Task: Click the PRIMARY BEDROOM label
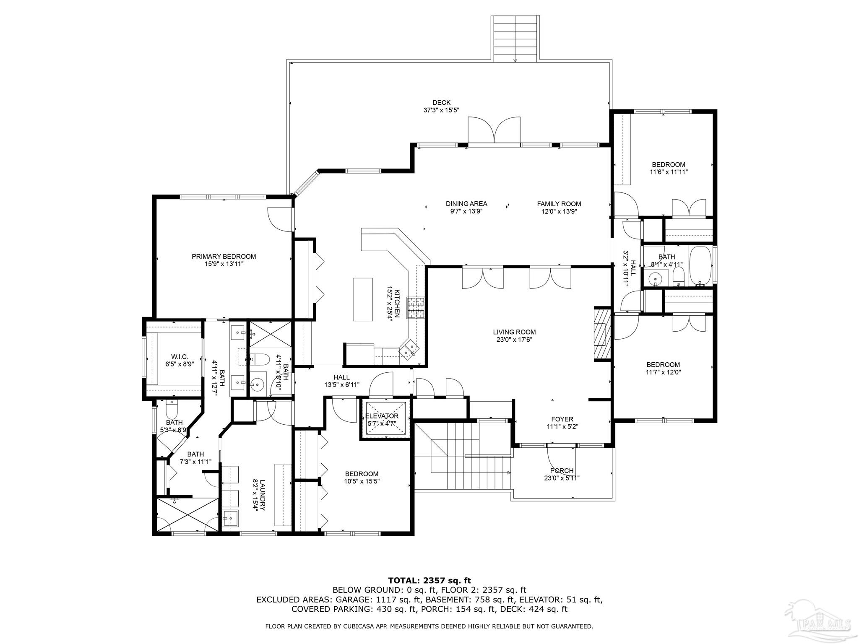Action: [224, 257]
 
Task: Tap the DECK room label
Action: [441, 102]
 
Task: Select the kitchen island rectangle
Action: [363, 299]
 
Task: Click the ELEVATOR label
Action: [381, 416]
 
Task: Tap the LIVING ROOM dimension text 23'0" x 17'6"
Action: [514, 340]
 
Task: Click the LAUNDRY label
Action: [263, 495]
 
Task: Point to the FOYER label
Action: [562, 419]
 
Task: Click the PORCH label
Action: [562, 471]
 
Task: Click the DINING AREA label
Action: [466, 204]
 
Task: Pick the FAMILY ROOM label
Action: [559, 204]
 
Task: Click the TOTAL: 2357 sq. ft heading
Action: [429, 581]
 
